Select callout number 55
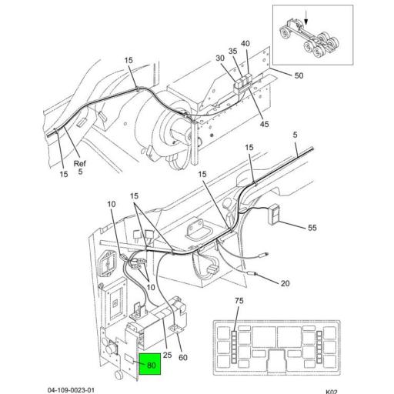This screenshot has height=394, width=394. click(x=312, y=228)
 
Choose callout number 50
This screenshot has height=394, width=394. click(x=299, y=75)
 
